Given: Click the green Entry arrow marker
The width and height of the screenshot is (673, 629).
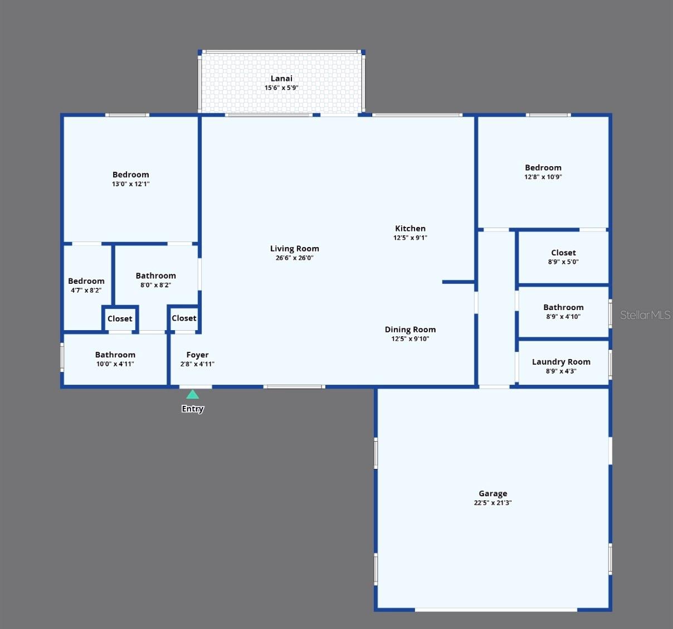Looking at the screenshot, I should click(192, 395).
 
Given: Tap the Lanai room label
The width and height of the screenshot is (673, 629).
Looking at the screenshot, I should click(281, 79).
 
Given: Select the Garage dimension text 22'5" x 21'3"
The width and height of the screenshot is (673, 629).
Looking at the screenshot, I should click(492, 503).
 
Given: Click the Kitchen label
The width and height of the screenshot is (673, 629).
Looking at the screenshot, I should click(410, 229).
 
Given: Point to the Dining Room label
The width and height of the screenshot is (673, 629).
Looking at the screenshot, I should click(410, 330).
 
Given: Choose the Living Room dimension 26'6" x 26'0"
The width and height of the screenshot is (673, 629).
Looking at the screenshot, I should click(294, 258).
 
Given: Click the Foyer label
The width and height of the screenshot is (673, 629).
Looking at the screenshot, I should click(197, 355).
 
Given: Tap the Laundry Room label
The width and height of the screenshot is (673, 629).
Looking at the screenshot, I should click(561, 362).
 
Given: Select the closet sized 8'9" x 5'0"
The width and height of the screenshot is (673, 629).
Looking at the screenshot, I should click(563, 257).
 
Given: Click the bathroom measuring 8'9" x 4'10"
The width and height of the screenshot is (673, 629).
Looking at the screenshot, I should click(563, 311).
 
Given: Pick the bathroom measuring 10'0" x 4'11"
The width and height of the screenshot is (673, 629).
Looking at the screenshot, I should click(115, 359).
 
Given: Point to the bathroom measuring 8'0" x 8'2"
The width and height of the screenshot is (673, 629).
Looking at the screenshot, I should click(155, 279).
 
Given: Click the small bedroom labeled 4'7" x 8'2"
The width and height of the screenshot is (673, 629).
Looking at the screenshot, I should click(86, 285).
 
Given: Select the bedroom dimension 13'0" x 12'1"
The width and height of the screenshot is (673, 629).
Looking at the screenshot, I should click(130, 184).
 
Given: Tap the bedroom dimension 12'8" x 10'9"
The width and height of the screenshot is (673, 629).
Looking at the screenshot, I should click(543, 177).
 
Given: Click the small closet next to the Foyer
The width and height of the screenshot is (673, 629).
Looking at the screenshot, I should click(184, 318).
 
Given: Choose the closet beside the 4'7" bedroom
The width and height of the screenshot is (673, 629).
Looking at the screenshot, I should click(120, 319).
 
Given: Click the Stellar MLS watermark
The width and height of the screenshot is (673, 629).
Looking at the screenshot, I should click(645, 315).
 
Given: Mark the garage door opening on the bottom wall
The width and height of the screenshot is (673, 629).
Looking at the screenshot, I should click(496, 609).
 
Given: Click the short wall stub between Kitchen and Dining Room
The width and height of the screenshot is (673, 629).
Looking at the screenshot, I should click(458, 282).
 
